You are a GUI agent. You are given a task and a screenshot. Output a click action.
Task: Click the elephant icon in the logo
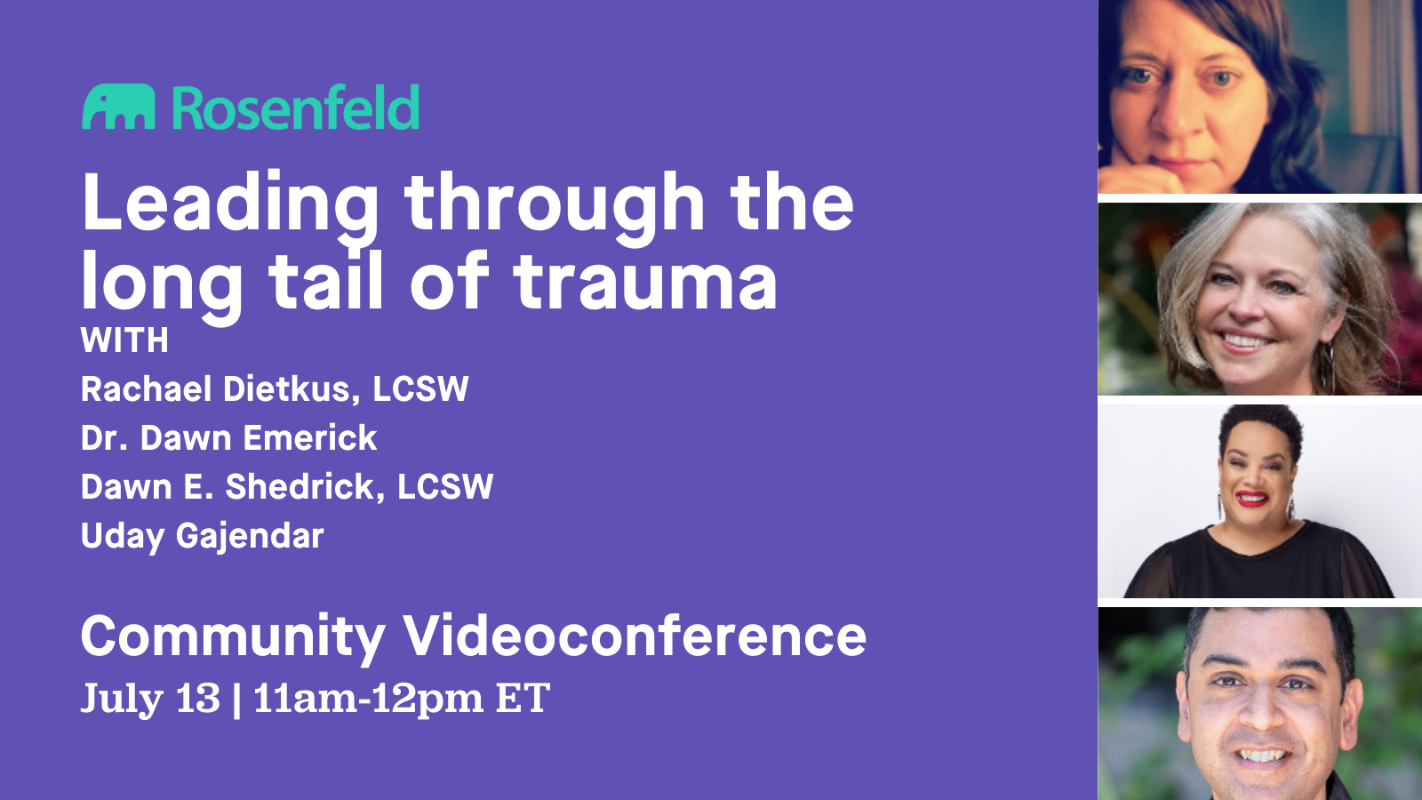(x=118, y=107)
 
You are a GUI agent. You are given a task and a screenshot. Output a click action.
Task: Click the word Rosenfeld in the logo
(x=296, y=107)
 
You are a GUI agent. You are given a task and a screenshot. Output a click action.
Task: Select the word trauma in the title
(x=645, y=281)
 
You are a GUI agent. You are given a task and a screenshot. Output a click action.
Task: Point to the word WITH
(x=124, y=340)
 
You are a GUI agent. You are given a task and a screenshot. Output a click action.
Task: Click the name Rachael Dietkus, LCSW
(x=275, y=388)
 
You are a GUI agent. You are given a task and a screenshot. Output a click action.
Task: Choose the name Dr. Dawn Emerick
(x=229, y=437)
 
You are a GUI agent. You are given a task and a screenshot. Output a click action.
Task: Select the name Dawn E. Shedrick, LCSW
(x=287, y=486)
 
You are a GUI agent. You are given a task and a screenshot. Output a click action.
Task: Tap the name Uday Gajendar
(x=203, y=537)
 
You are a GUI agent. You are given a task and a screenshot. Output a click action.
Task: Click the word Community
(x=233, y=636)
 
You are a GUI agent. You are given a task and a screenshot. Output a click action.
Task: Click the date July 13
(x=150, y=699)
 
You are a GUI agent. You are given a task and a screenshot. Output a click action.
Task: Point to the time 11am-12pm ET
(x=402, y=699)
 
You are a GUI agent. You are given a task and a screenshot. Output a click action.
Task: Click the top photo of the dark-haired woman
(x=1260, y=97)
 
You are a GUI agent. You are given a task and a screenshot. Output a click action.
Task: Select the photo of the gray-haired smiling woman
(x=1260, y=299)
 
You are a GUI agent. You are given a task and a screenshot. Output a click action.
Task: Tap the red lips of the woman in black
(x=1252, y=499)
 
